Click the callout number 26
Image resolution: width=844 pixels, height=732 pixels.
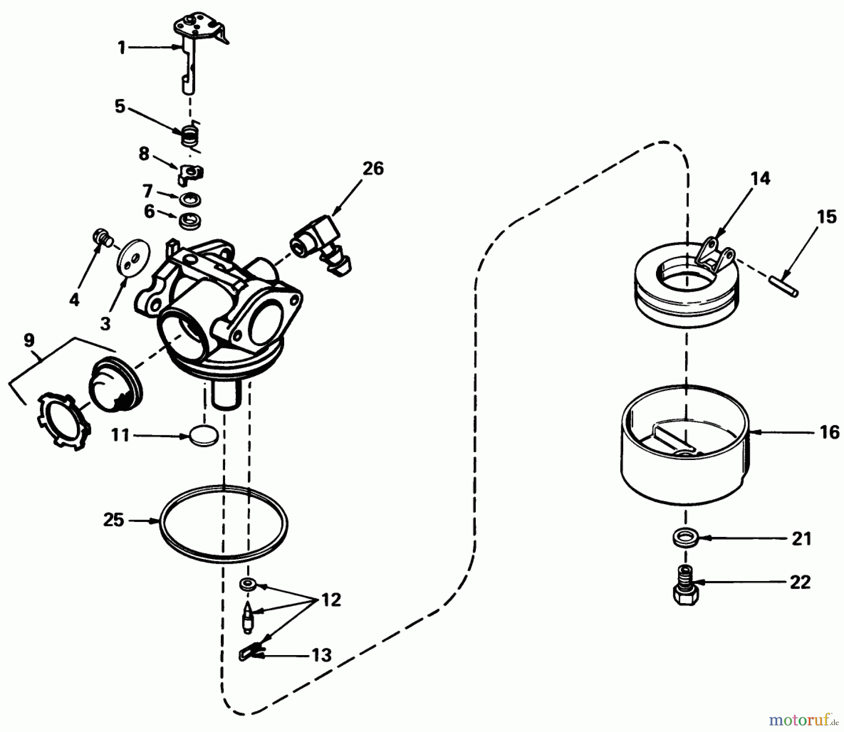[373, 168]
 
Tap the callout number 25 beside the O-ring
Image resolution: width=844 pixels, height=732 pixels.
[113, 520]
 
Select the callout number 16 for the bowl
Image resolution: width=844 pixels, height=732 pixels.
[829, 432]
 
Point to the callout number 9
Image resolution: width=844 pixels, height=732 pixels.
[29, 341]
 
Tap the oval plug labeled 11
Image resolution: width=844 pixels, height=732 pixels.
[204, 436]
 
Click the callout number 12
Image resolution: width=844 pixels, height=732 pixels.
[331, 600]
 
